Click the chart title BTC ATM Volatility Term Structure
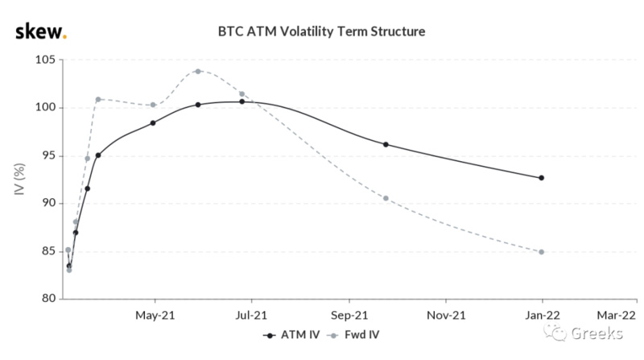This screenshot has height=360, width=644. tap(322, 32)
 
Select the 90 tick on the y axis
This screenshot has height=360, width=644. tap(46, 203)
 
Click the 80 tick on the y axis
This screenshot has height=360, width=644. tap(46, 299)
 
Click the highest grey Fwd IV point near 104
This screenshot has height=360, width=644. tap(197, 71)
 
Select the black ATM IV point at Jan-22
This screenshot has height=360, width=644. tap(541, 178)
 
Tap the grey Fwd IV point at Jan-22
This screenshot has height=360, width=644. tap(541, 252)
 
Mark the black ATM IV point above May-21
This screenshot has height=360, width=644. tap(153, 123)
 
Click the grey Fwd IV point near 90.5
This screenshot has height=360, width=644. tap(386, 198)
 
